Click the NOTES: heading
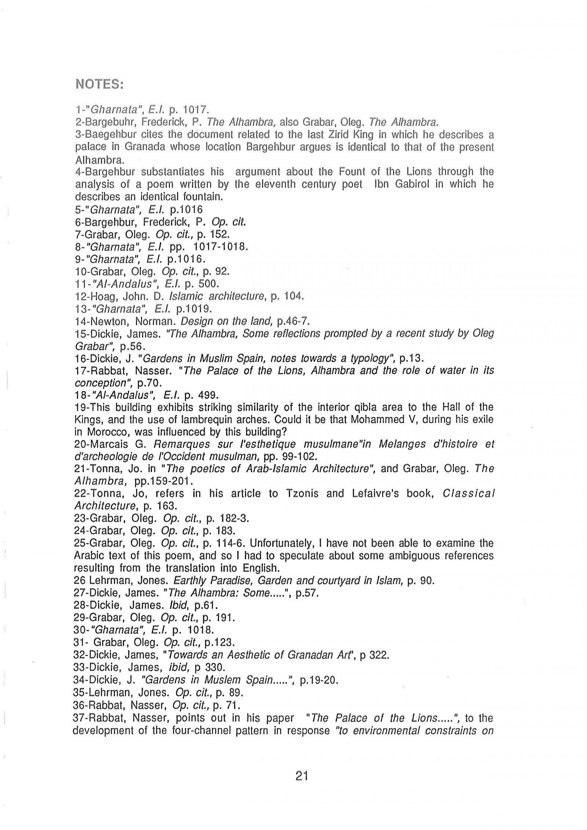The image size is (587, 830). tap(99, 85)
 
